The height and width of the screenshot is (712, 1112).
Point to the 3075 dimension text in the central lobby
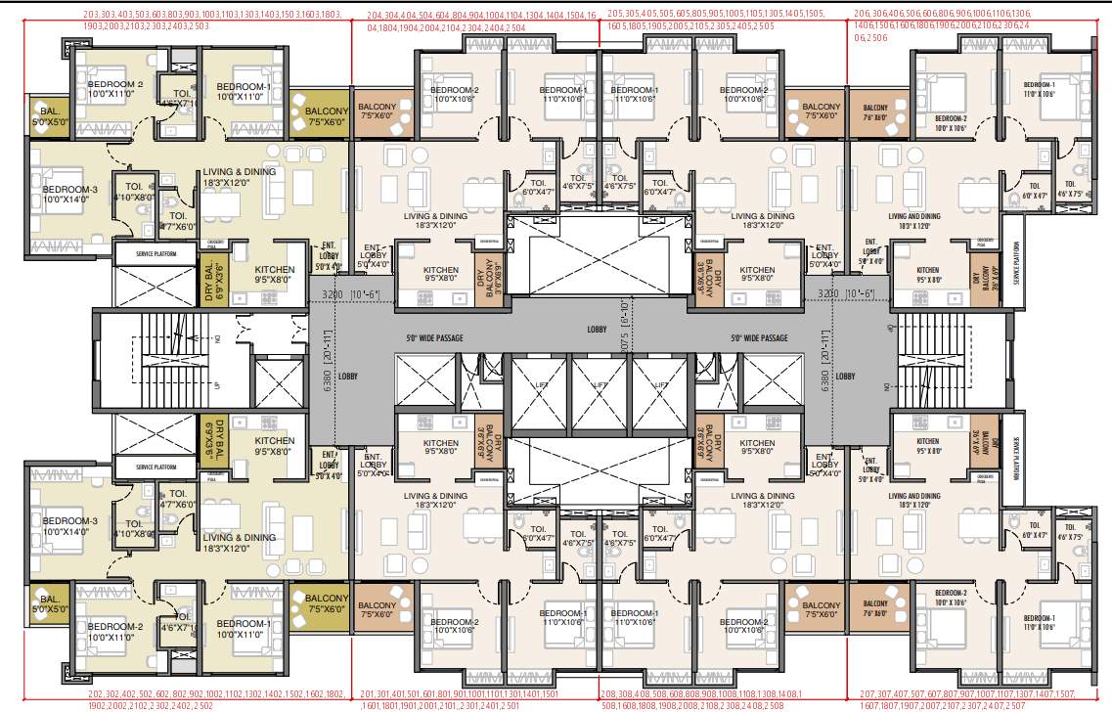click(624, 341)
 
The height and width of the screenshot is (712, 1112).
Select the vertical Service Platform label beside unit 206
click(1017, 262)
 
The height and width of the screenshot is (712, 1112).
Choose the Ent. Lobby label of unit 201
click(372, 467)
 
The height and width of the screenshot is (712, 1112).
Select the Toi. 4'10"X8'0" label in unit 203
click(134, 192)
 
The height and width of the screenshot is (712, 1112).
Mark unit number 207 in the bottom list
click(868, 693)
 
